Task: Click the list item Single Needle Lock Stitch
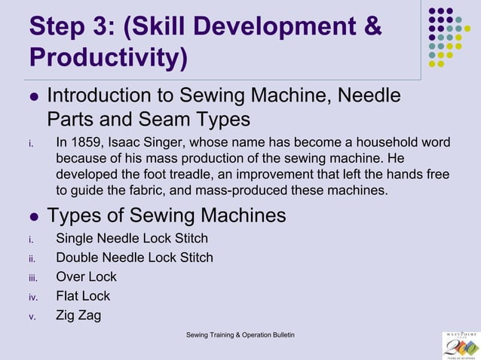click(x=132, y=239)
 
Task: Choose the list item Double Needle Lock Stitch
click(x=134, y=258)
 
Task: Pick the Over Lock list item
click(x=86, y=276)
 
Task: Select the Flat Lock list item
click(x=83, y=296)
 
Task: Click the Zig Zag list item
click(x=78, y=315)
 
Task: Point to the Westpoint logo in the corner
click(x=460, y=345)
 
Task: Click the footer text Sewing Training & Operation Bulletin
click(x=240, y=334)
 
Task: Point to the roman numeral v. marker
click(x=32, y=316)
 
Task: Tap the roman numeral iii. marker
click(x=32, y=278)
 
